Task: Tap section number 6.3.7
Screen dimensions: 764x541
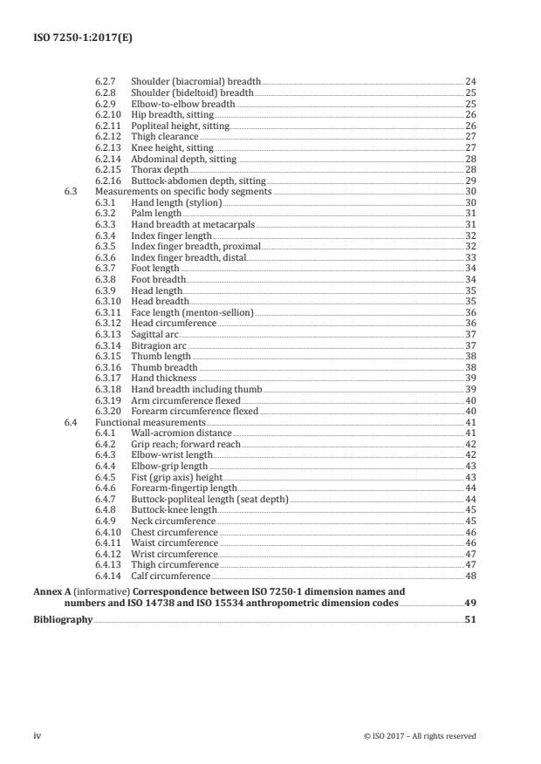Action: pyautogui.click(x=105, y=269)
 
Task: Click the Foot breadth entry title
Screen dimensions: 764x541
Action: pyautogui.click(x=159, y=280)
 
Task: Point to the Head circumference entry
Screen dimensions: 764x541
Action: pyautogui.click(x=173, y=324)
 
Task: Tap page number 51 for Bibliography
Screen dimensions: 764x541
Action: pyautogui.click(x=470, y=619)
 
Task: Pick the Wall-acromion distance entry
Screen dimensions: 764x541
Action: pyautogui.click(x=181, y=433)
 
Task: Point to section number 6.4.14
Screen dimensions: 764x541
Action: pyautogui.click(x=107, y=576)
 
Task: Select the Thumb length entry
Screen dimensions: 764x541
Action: pyautogui.click(x=161, y=357)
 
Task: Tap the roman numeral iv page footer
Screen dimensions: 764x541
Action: pyautogui.click(x=38, y=736)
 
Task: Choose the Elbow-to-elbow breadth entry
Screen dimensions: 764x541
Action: pyautogui.click(x=183, y=104)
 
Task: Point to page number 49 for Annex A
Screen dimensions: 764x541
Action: pyautogui.click(x=470, y=603)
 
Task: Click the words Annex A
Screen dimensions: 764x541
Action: pyautogui.click(x=49, y=591)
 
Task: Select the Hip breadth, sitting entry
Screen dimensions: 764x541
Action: pyautogui.click(x=172, y=114)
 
